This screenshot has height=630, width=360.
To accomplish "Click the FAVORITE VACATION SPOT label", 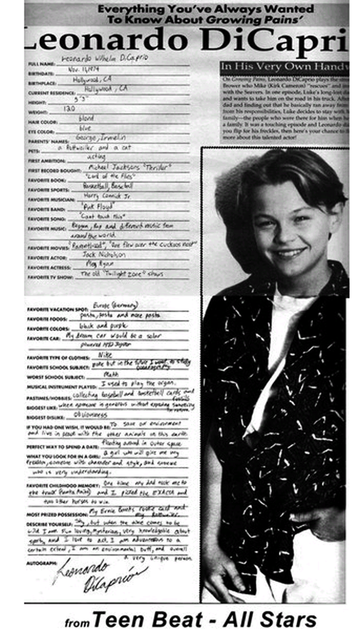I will (x=52, y=308).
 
